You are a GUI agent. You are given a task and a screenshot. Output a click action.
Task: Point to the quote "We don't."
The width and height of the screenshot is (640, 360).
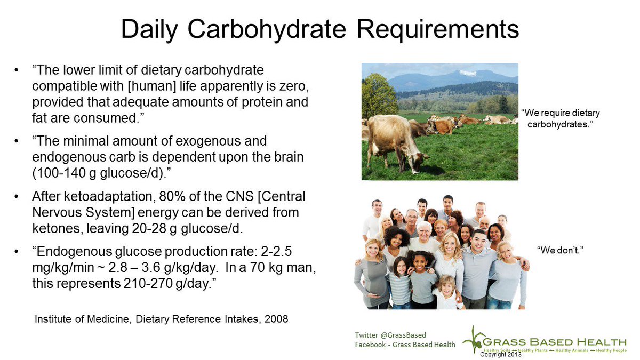coord(559,249)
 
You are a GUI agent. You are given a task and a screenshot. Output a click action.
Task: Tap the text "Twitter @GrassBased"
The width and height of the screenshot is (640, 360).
coord(390,334)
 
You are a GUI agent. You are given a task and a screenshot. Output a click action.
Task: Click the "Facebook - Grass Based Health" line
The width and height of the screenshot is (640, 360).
coord(405,345)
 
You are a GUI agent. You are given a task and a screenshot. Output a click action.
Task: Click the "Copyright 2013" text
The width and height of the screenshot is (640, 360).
coord(501,354)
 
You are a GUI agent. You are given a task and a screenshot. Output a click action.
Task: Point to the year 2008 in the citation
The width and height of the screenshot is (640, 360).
coord(277,319)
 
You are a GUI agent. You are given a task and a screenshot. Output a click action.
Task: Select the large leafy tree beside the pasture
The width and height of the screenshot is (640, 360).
coord(377,96)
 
